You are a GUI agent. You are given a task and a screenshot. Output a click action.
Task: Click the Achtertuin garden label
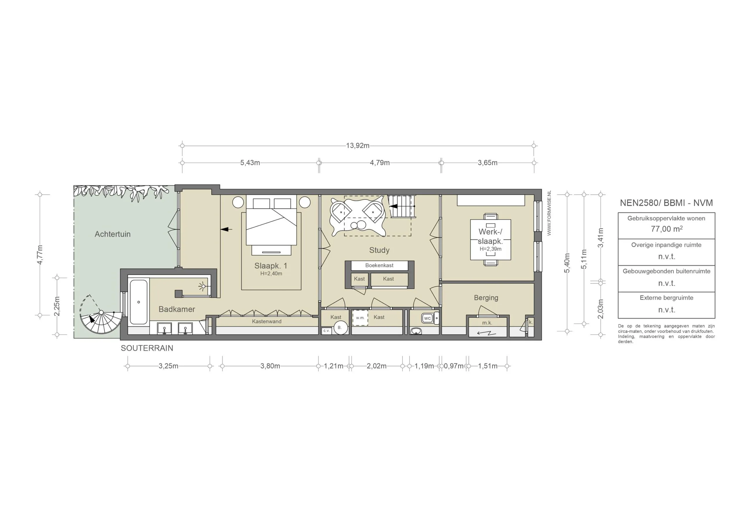112,234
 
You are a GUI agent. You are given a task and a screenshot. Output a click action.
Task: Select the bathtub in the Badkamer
139,302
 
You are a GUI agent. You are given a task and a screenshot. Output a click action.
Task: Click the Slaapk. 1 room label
270,266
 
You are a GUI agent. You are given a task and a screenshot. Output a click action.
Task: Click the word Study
379,250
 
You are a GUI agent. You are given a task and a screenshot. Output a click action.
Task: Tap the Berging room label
486,298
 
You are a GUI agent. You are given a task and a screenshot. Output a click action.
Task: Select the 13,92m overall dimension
358,146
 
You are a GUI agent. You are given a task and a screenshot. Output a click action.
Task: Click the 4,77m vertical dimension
40,255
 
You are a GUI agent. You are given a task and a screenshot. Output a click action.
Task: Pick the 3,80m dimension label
270,366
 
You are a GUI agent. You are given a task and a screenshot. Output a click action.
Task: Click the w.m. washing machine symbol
360,318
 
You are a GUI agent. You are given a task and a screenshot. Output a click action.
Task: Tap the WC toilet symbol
428,318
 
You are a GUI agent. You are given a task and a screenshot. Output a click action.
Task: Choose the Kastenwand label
267,321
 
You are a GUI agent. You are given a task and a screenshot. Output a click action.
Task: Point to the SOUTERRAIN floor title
147,348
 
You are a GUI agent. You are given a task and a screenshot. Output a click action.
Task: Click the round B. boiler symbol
340,328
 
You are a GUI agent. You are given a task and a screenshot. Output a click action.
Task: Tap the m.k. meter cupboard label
487,323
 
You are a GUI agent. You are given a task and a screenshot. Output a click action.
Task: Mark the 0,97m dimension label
454,366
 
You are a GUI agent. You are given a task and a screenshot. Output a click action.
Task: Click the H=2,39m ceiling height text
490,249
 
